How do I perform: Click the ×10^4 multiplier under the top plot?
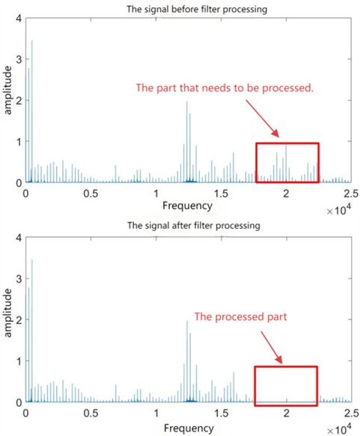click(x=341, y=211)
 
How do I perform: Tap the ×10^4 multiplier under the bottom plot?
click(x=341, y=431)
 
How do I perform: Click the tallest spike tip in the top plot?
click(x=31, y=41)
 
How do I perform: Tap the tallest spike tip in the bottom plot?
click(x=31, y=260)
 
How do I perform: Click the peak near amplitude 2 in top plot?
click(x=186, y=102)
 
